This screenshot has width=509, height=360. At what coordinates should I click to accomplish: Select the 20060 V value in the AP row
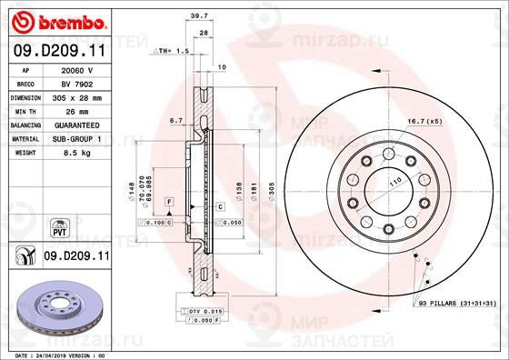point(76,69)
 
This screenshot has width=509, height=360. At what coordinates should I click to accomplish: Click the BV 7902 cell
point(76,83)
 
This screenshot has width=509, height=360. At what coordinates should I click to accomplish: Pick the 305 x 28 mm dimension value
point(76,96)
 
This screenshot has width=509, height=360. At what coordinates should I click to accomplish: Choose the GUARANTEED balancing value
point(76,124)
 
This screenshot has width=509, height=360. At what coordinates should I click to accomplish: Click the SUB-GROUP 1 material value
point(76,137)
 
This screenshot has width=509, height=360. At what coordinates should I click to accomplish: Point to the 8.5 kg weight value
point(76,152)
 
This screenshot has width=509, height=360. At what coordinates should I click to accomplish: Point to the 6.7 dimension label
point(176,120)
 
